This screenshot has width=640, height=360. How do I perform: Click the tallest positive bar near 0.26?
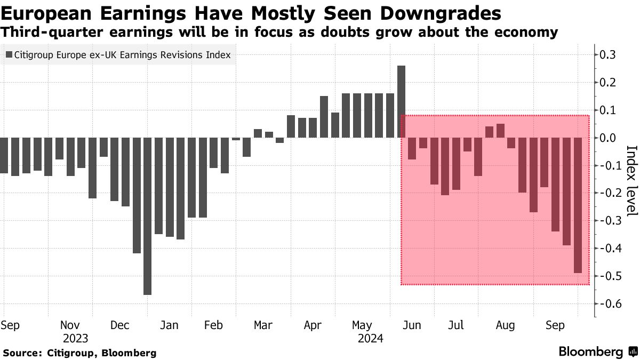402,101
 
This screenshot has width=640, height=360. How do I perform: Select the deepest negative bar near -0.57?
147,216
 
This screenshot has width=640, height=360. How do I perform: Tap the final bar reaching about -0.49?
578,205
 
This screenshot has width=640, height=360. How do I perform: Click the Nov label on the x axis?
70,325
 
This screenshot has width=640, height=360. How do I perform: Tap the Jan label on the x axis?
170,325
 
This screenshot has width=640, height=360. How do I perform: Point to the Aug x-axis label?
505,325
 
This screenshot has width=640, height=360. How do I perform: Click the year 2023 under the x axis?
75,338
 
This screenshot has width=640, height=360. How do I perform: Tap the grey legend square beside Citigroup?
9,55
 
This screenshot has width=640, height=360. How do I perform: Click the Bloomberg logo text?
590,352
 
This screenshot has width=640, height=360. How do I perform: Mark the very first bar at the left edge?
4,155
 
